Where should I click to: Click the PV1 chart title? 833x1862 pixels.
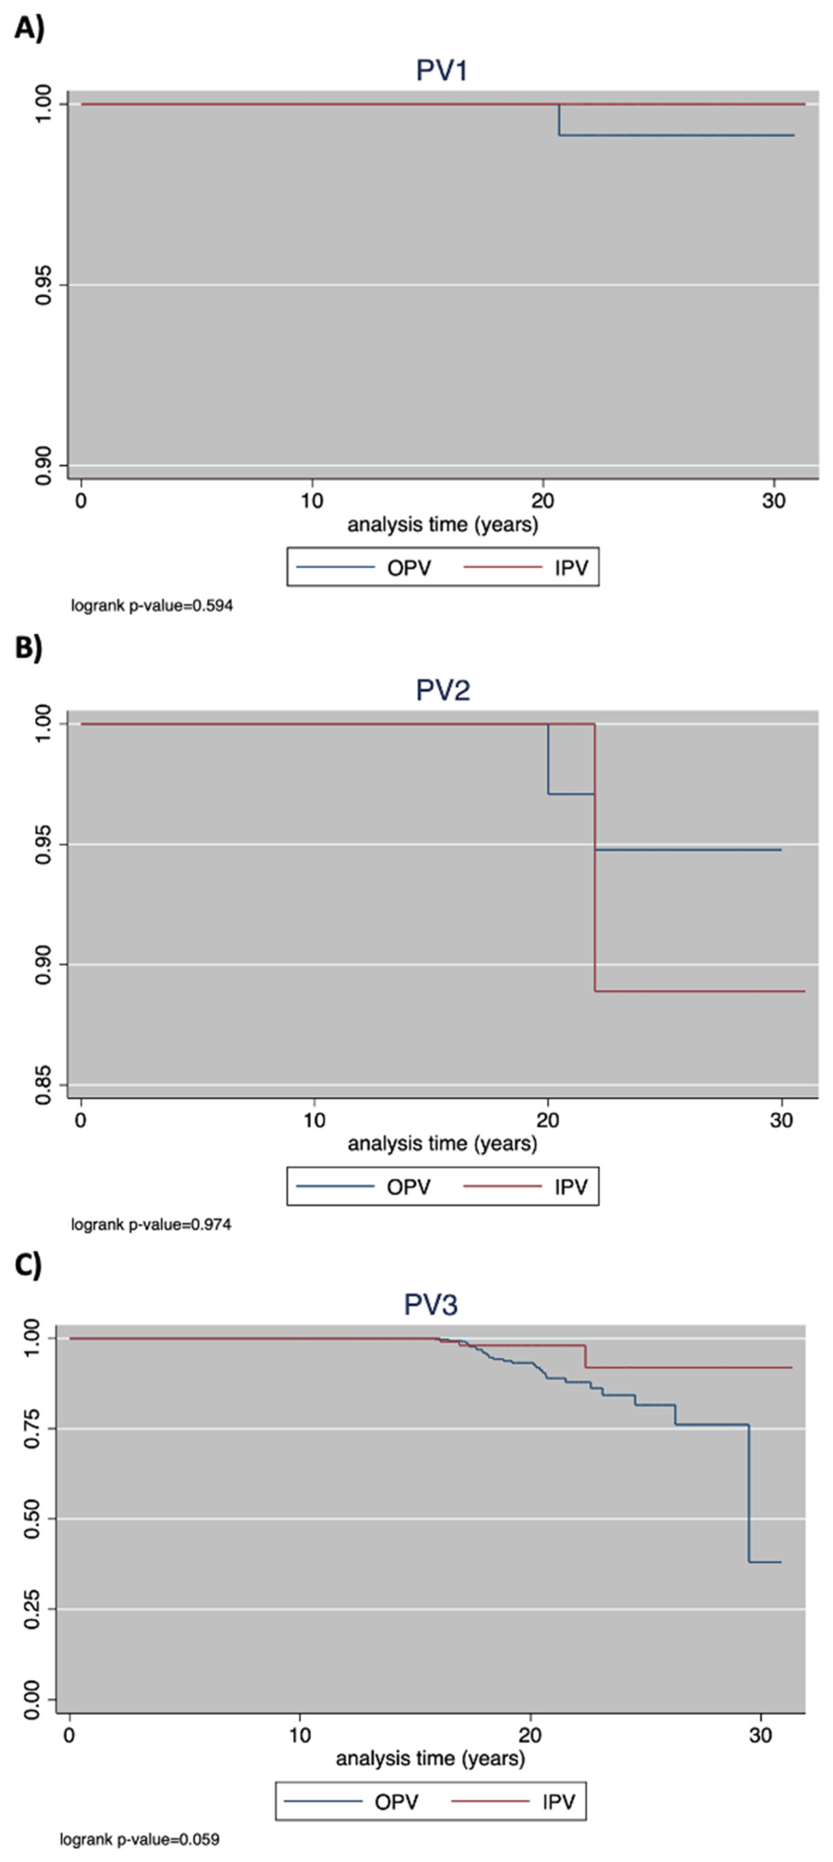pos(442,70)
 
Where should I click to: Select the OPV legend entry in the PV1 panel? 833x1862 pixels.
pos(408,568)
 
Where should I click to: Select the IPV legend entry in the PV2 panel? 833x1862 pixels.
pos(571,1187)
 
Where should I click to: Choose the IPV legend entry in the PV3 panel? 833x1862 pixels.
pos(558,1802)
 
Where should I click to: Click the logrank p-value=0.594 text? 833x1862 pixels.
pos(152,606)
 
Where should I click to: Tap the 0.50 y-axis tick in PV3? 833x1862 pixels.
pos(32,1519)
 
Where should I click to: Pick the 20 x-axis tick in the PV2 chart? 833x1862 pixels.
pos(547,1121)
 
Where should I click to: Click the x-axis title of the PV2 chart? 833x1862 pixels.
pos(443,1144)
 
